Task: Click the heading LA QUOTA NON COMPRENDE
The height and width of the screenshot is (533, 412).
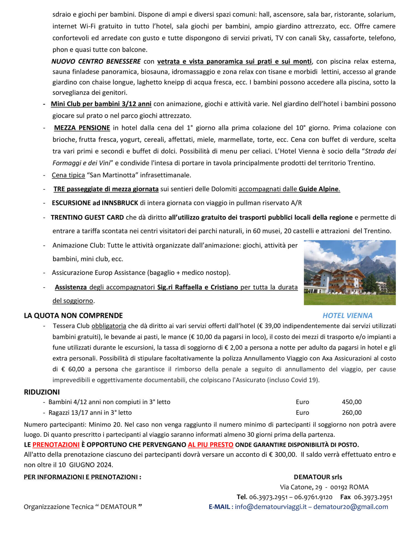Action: [x=73, y=316]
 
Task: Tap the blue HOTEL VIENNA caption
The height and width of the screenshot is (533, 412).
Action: [x=347, y=316]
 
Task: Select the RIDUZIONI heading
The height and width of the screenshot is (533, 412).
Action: [x=42, y=392]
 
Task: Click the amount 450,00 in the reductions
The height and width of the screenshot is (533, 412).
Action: [x=351, y=402]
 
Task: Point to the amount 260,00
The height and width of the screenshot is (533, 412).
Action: [x=351, y=413]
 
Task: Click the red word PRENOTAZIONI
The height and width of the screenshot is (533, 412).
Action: [x=56, y=445]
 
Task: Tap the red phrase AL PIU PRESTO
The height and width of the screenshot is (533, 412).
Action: [x=210, y=445]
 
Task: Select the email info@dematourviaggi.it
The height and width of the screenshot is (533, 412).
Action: [x=271, y=507]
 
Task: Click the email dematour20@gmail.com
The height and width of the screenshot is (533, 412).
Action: [x=351, y=507]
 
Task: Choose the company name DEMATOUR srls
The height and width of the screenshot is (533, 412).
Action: [x=318, y=477]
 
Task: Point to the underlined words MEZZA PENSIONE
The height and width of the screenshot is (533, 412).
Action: [x=82, y=128]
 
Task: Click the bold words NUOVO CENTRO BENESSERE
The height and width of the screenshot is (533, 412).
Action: [x=96, y=61]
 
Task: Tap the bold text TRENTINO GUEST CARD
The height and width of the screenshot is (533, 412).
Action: [x=87, y=217]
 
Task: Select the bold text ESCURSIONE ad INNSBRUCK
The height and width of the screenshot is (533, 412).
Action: [x=95, y=203]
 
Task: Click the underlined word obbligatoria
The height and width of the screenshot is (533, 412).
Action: [x=109, y=326]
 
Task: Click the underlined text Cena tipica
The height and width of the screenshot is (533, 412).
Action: [x=68, y=175]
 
